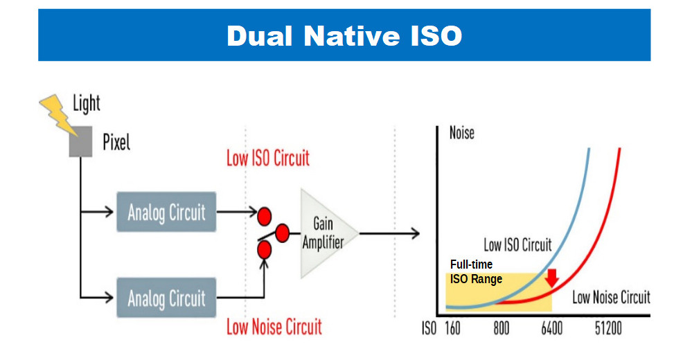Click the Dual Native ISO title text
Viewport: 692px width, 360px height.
pos(344,35)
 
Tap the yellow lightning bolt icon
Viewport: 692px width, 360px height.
pos(57,114)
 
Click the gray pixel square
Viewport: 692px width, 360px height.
pos(81,141)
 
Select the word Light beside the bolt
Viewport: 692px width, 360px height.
pos(87,104)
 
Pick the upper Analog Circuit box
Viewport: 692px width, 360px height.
pos(166,212)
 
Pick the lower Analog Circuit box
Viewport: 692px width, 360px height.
pos(166,298)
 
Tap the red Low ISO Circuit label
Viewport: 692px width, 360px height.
pos(268,158)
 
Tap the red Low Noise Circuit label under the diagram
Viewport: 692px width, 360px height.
pos(274,327)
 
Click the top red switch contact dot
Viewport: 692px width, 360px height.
pos(265,216)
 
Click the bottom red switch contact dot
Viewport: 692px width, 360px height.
pos(265,250)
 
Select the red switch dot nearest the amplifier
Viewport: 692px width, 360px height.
pos(282,233)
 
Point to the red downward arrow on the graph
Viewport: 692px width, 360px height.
pos(551,278)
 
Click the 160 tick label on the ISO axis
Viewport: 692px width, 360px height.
pos(452,328)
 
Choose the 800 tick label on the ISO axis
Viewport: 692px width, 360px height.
pos(502,328)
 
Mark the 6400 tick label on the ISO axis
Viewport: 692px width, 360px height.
pos(551,328)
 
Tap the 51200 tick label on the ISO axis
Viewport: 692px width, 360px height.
pos(608,328)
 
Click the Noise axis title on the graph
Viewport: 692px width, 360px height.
pos(461,133)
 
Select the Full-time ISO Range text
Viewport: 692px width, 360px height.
pos(476,272)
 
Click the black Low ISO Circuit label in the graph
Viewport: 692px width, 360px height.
pos(517,245)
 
